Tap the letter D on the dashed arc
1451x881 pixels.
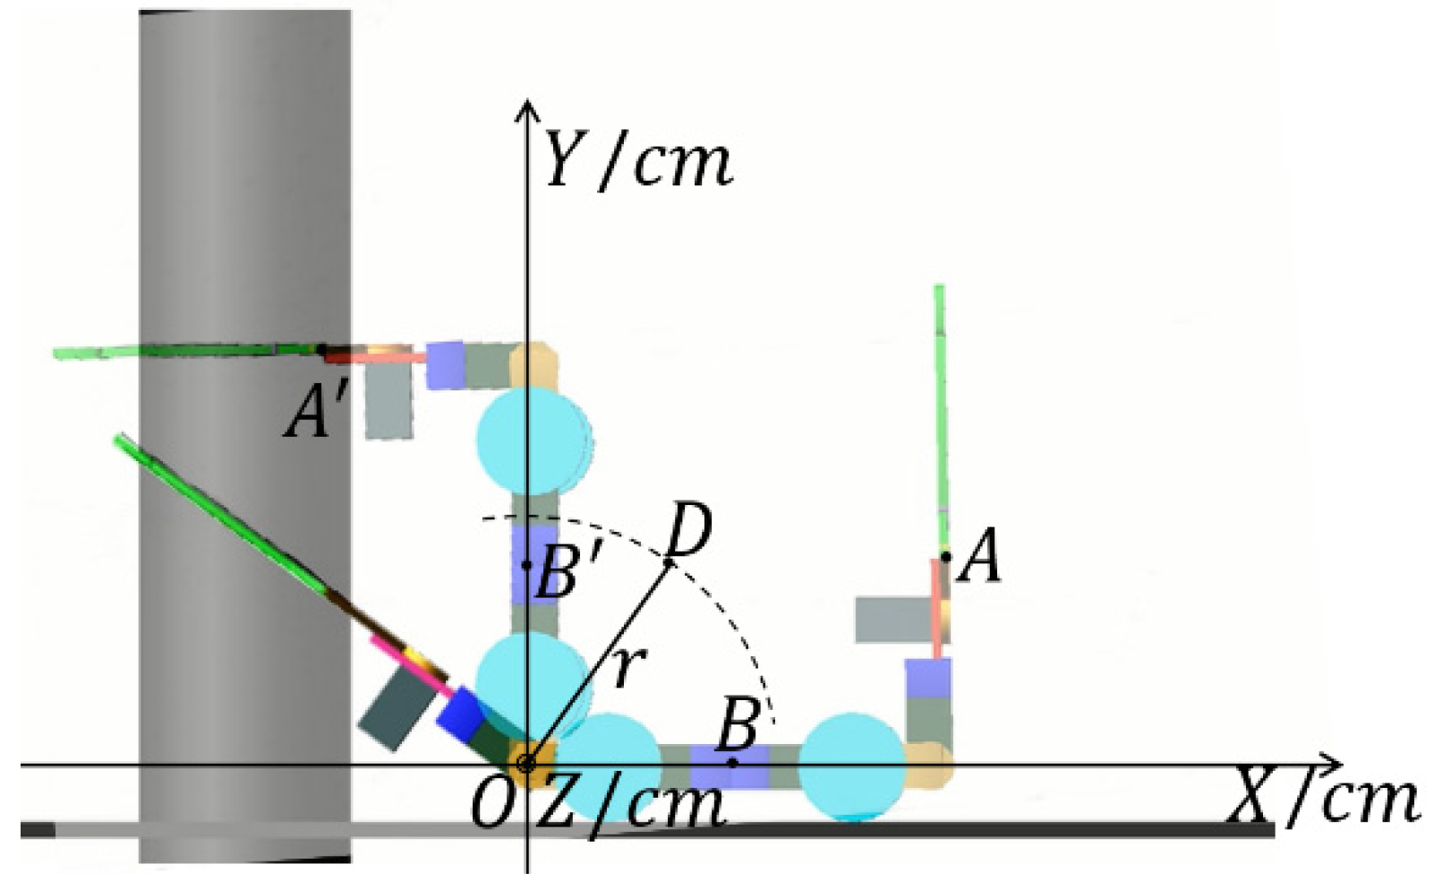[x=690, y=531]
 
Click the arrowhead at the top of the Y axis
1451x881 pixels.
[x=528, y=110]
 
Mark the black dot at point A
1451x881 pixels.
[x=946, y=557]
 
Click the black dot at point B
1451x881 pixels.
[x=733, y=763]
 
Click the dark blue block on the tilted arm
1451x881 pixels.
[x=460, y=714]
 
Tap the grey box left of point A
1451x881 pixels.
[x=892, y=619]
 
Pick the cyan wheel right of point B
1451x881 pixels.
[x=852, y=766]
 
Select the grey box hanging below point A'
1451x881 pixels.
[x=389, y=402]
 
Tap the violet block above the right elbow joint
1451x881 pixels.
[x=928, y=678]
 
